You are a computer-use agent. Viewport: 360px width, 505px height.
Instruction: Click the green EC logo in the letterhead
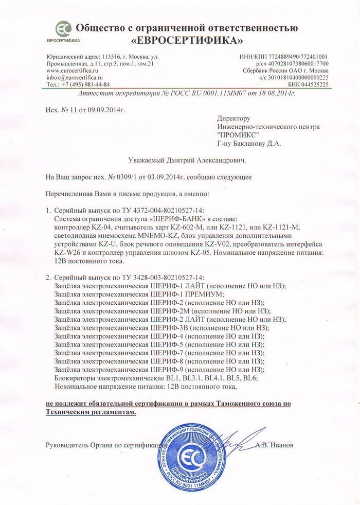coord(63,28)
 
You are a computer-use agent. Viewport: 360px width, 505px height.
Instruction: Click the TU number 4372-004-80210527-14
coord(167,211)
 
